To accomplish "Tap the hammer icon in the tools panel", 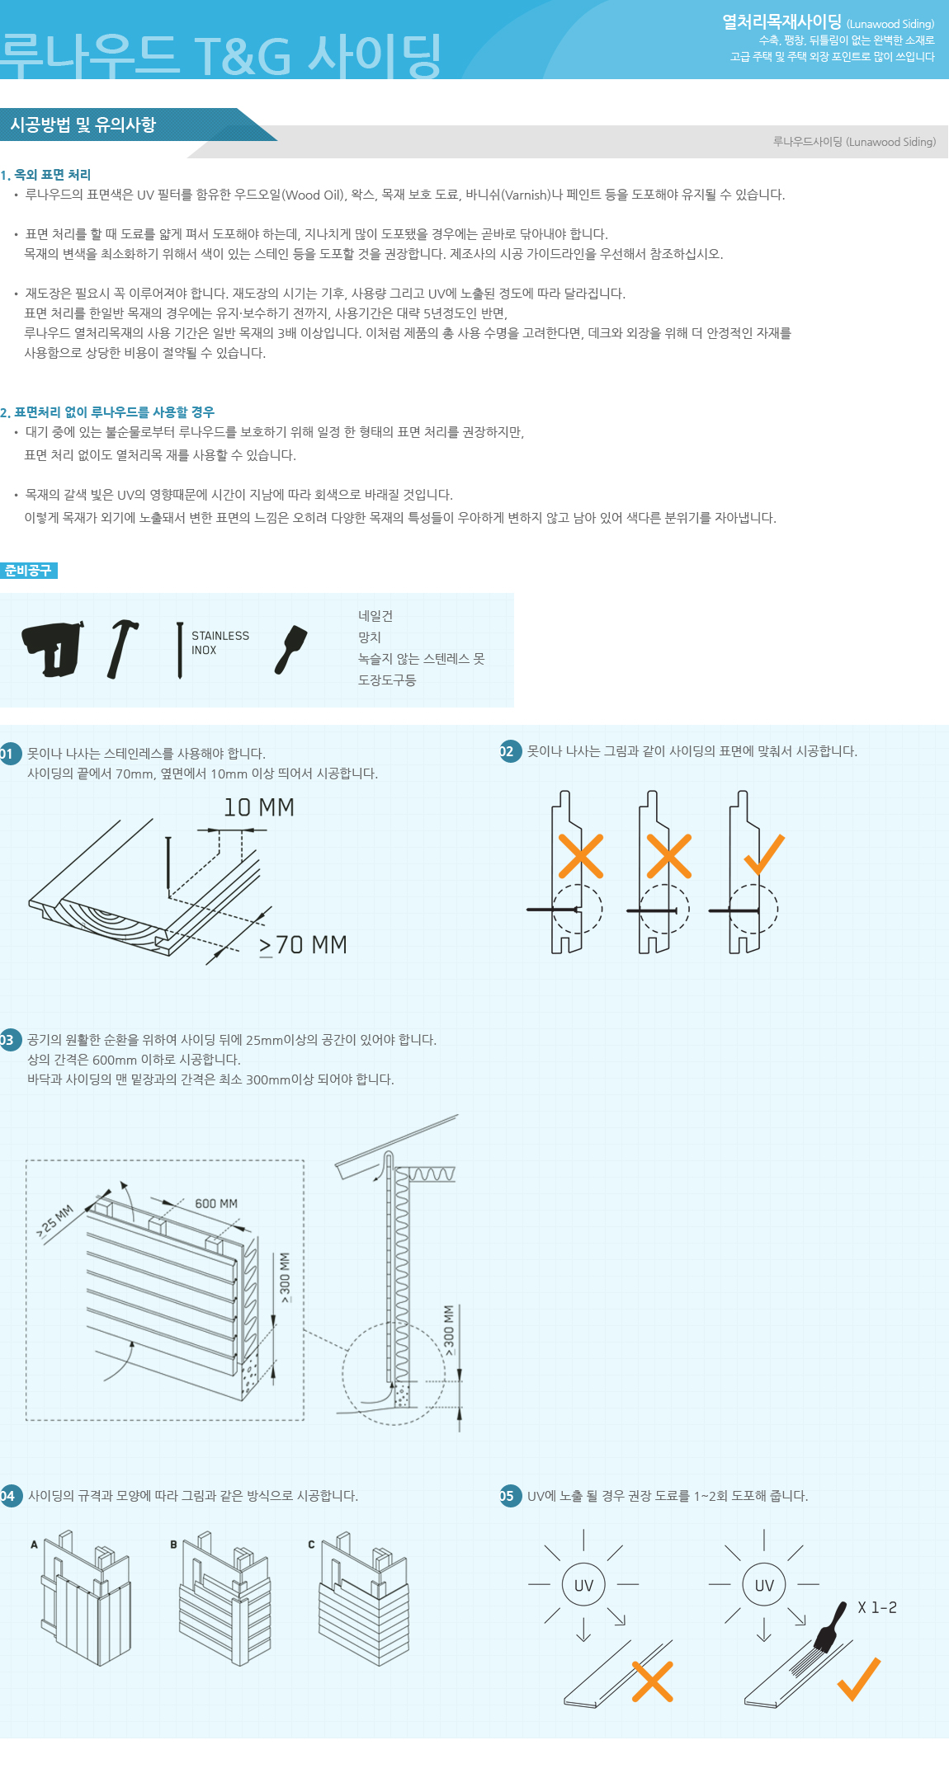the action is [x=121, y=649].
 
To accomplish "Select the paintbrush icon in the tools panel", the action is [x=290, y=650].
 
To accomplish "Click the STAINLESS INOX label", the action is [x=220, y=643].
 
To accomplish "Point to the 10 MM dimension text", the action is [x=259, y=807].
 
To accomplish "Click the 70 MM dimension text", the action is [x=303, y=945].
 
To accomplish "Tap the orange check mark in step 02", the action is [x=764, y=854].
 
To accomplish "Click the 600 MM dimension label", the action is [x=216, y=1204].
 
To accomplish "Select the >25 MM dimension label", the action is [x=55, y=1221].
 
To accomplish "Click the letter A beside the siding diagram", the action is [x=34, y=1545].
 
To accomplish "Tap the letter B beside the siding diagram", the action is [x=173, y=1545].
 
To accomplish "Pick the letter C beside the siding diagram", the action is [x=311, y=1545].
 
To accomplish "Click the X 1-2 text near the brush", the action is [x=877, y=1607].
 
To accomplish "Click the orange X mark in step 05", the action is [x=653, y=1681].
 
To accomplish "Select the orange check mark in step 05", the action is [x=859, y=1679].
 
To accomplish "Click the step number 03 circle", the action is [x=8, y=1039].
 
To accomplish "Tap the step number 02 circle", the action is [x=510, y=751].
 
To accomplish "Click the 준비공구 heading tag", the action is [x=28, y=570].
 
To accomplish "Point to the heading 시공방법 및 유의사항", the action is [x=83, y=125].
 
